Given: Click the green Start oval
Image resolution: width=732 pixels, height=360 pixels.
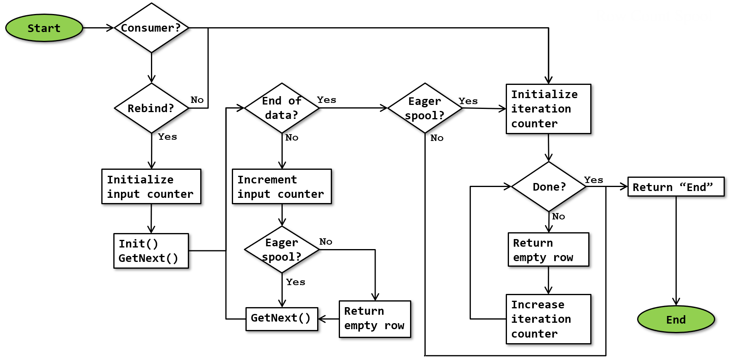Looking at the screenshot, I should tap(44, 28).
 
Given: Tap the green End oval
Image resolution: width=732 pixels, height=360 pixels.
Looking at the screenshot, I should tap(676, 319).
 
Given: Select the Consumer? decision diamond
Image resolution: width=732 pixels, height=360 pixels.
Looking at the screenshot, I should tap(151, 28).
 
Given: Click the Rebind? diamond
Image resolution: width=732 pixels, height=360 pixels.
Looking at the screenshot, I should tap(151, 108).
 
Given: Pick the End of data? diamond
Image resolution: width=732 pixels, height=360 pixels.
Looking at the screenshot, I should tap(282, 108).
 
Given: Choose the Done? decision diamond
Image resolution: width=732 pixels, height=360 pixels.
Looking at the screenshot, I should tap(549, 187).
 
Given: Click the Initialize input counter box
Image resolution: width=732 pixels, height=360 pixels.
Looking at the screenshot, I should tap(151, 187).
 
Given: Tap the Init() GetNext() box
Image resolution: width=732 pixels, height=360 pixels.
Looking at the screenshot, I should tap(151, 251).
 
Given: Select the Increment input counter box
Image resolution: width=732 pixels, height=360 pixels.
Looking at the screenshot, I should tap(282, 187).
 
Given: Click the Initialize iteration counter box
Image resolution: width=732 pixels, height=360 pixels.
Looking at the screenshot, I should tap(548, 109).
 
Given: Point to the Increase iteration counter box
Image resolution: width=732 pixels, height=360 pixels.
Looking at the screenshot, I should tap(548, 319).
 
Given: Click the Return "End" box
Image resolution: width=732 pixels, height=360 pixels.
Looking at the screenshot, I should tap(676, 187).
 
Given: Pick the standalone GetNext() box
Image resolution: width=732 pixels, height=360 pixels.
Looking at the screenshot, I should tap(282, 319).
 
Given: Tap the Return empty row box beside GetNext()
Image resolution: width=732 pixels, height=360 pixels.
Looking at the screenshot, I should tap(375, 319).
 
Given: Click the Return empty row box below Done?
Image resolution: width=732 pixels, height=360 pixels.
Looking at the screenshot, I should tap(548, 249).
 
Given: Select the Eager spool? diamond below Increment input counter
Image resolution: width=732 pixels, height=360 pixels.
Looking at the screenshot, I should tap(282, 249).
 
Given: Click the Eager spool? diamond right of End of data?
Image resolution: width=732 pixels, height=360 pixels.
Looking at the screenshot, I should tap(425, 108).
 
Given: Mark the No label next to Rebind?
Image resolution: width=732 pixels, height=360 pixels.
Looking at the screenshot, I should tap(197, 100).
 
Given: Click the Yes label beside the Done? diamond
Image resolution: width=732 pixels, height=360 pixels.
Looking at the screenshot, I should tap(593, 180).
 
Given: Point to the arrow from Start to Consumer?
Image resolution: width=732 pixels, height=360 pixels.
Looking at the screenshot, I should tap(98, 28).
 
